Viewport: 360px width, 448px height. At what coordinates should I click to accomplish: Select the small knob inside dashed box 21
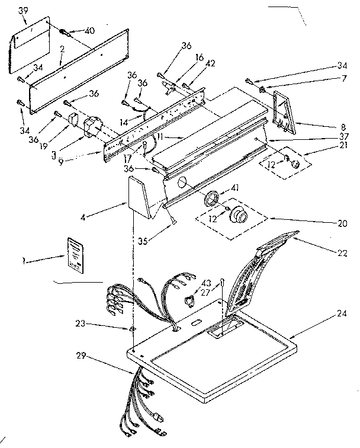[293, 162]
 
